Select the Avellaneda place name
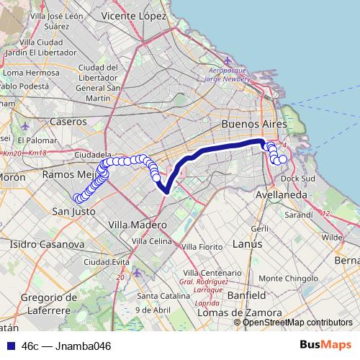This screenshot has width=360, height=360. point(282,195)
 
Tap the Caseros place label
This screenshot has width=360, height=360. point(68,122)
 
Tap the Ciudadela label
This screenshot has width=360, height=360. point(92,155)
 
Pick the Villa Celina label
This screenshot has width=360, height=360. point(150,240)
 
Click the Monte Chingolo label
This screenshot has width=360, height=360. point(300,277)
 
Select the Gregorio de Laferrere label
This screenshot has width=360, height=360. point(43,303)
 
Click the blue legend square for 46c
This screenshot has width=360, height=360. point(9,346)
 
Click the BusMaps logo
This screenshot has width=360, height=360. point(325,345)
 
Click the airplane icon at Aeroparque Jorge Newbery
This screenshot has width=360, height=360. point(228,60)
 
